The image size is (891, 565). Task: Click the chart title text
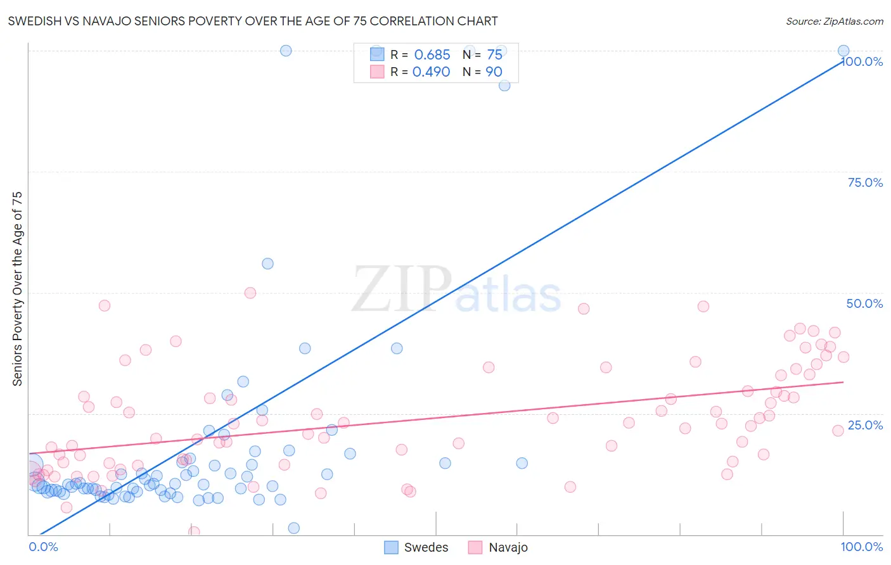point(253,21)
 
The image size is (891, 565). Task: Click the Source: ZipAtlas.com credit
point(834,21)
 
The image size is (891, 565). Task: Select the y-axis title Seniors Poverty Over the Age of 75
point(17,289)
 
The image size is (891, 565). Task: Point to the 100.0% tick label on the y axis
point(862,61)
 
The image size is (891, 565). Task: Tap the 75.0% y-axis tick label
point(865,182)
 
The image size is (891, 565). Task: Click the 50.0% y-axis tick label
point(864,303)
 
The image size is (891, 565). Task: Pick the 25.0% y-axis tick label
point(865,425)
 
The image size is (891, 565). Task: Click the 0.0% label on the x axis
point(43,547)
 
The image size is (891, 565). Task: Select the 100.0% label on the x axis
point(861,547)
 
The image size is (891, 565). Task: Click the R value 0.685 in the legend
point(432,55)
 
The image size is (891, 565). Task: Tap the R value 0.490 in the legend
point(431,72)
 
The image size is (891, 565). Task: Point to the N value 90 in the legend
point(494,72)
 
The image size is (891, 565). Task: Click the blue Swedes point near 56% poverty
point(267,263)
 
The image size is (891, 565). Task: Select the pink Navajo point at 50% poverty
point(250,293)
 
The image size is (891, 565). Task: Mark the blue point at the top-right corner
point(843,51)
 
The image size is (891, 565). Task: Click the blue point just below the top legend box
point(504,86)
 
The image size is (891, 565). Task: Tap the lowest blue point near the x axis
point(293,528)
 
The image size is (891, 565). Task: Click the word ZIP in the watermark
point(401,289)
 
